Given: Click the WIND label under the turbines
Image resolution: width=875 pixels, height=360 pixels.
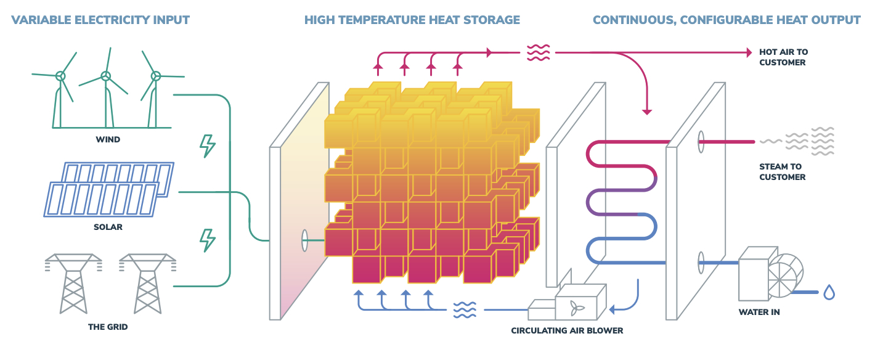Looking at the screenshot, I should coord(108,139).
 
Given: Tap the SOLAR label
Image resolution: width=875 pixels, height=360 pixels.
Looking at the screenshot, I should coord(108,227).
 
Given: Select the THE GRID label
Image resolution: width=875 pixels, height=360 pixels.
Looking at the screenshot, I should coord(108,327).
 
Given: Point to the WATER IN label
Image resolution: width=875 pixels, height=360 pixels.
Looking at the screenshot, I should coord(759,312).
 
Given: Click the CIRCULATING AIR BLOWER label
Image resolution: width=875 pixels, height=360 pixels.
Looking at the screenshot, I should coord(567,330).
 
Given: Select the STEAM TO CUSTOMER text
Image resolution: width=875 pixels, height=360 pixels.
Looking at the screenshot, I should coord(782,171).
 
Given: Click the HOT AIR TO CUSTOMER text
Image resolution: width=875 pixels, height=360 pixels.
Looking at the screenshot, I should coord(783,57).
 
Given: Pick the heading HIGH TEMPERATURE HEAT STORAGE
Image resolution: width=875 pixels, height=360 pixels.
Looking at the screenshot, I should coord(412,20).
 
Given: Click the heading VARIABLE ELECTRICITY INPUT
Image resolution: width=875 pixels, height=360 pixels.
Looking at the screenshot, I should coord(100,20).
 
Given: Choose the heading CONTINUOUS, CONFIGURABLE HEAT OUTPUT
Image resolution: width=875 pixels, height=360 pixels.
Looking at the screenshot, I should coord(726,20).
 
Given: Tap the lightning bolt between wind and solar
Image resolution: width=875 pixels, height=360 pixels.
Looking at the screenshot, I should coord(208,145).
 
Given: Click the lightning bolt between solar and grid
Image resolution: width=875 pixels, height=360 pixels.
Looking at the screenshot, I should coord(208,239).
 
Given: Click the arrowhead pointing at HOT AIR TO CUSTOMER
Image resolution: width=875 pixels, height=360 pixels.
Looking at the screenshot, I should coord(749,52).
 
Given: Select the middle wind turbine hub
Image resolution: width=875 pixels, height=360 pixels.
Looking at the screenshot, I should coord(106,76).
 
